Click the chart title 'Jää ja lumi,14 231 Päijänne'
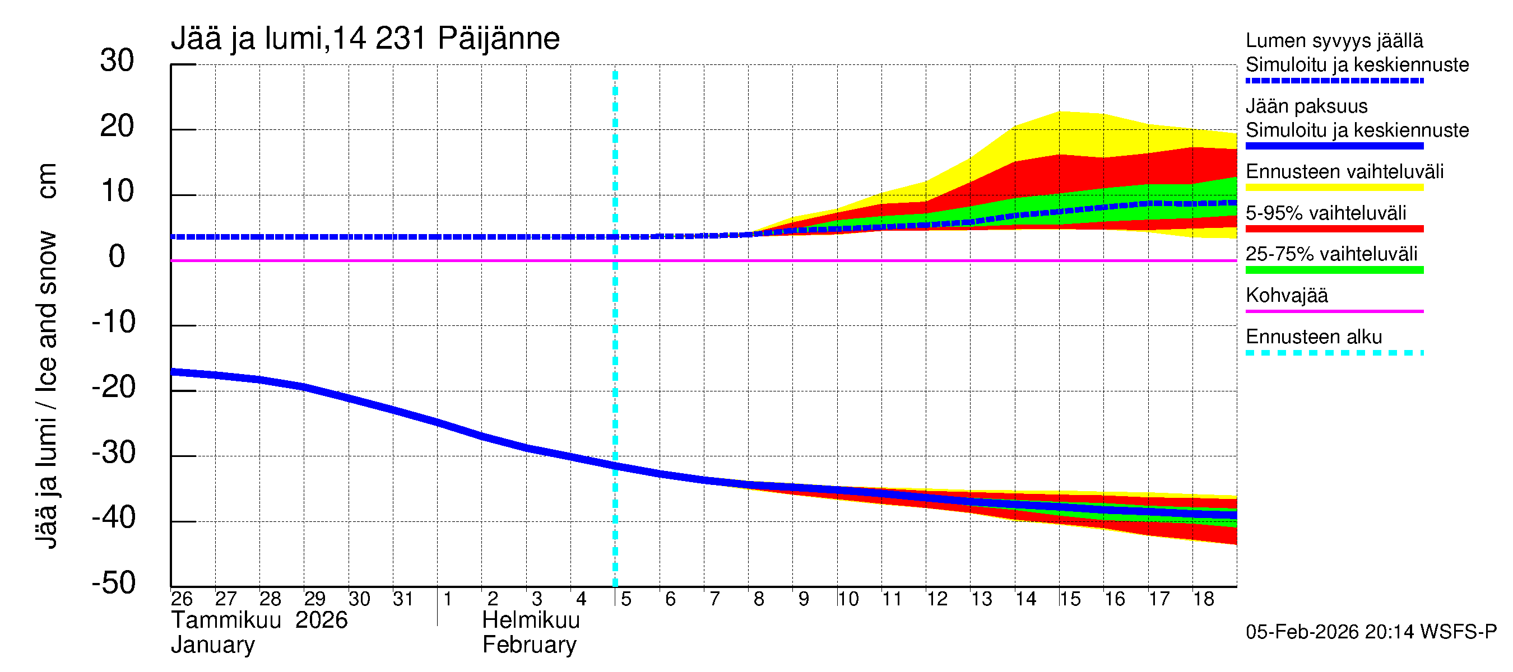(x=365, y=39)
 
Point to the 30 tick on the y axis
(x=117, y=60)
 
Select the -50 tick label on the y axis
(x=114, y=583)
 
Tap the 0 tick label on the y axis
(x=117, y=256)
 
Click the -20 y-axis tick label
(x=114, y=388)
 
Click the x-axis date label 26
(x=182, y=599)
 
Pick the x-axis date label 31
(x=403, y=599)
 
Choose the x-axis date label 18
(x=1203, y=599)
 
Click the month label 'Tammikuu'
(x=226, y=620)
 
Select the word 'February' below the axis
(x=529, y=645)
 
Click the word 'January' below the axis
(x=212, y=645)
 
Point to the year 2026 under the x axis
(x=321, y=620)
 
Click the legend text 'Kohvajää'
(x=1286, y=295)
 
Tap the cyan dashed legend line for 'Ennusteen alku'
(x=1334, y=353)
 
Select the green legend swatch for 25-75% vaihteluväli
(x=1334, y=270)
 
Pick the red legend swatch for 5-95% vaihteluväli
(x=1334, y=229)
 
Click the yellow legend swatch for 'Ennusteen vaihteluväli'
(x=1334, y=188)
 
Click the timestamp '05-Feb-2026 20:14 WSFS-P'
(x=1371, y=632)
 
